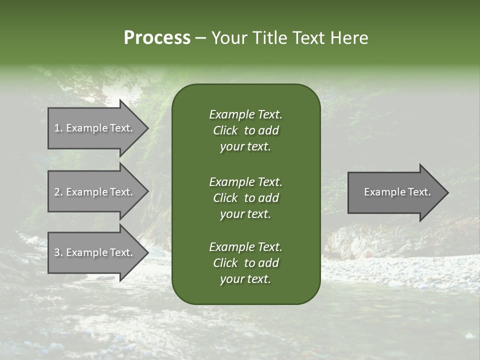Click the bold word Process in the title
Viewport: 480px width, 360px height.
[x=157, y=38]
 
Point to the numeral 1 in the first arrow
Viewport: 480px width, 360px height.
[x=57, y=128]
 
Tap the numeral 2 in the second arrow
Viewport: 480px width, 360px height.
[x=57, y=192]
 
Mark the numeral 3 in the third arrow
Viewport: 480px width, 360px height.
[x=57, y=252]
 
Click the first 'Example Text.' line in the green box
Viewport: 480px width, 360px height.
[x=245, y=114]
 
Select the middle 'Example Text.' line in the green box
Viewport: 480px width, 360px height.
[x=245, y=181]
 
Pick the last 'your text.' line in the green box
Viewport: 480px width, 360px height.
[x=245, y=279]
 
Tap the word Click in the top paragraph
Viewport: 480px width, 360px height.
[x=225, y=130]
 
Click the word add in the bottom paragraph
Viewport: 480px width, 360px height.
[x=269, y=263]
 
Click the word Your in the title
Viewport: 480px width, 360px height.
[x=228, y=38]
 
